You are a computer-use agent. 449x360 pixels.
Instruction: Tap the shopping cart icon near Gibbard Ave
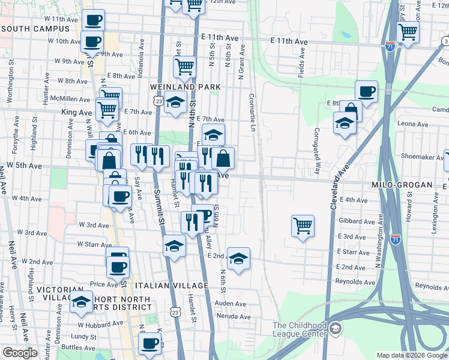coord(303,226)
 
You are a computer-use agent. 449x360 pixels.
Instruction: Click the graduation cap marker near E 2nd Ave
coord(239,259)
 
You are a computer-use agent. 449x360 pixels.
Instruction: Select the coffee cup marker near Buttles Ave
coord(149,343)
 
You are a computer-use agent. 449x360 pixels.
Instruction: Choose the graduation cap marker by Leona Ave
coord(345,123)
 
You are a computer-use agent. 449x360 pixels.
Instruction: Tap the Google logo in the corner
coord(20,353)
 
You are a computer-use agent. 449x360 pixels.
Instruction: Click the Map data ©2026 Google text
coord(411,355)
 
